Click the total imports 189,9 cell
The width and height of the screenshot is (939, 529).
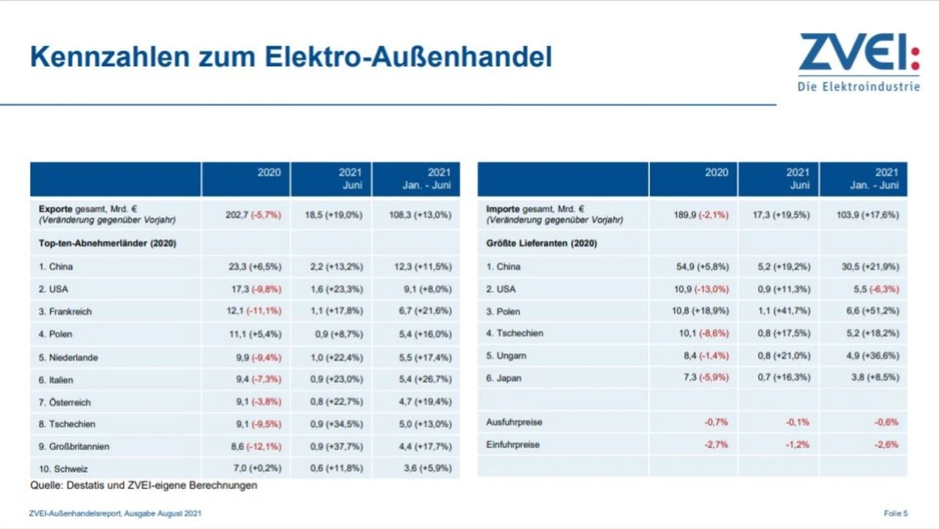tap(701, 215)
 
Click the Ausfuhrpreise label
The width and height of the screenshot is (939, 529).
tap(514, 422)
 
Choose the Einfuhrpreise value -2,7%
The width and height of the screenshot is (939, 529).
tap(715, 445)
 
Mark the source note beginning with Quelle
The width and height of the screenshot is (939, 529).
tap(144, 485)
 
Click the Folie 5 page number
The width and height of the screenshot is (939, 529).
tap(896, 514)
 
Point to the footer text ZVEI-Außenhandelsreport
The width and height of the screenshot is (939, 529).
tap(115, 514)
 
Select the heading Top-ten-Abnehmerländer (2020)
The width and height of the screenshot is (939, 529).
tap(107, 243)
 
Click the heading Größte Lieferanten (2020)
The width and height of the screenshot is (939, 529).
tap(541, 243)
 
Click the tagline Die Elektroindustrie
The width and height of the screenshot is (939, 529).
tap(858, 86)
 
